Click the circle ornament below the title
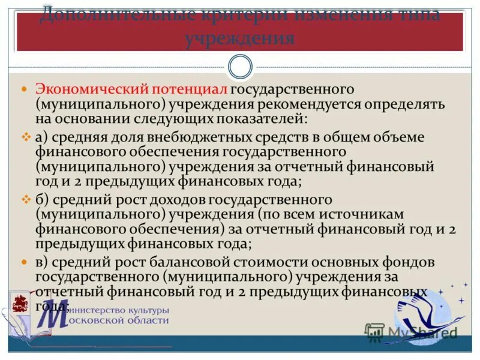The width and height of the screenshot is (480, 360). [241, 66]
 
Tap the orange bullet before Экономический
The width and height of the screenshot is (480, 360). [25, 89]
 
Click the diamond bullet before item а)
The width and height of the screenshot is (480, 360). [25, 137]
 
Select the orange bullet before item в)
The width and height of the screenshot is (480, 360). [25, 262]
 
